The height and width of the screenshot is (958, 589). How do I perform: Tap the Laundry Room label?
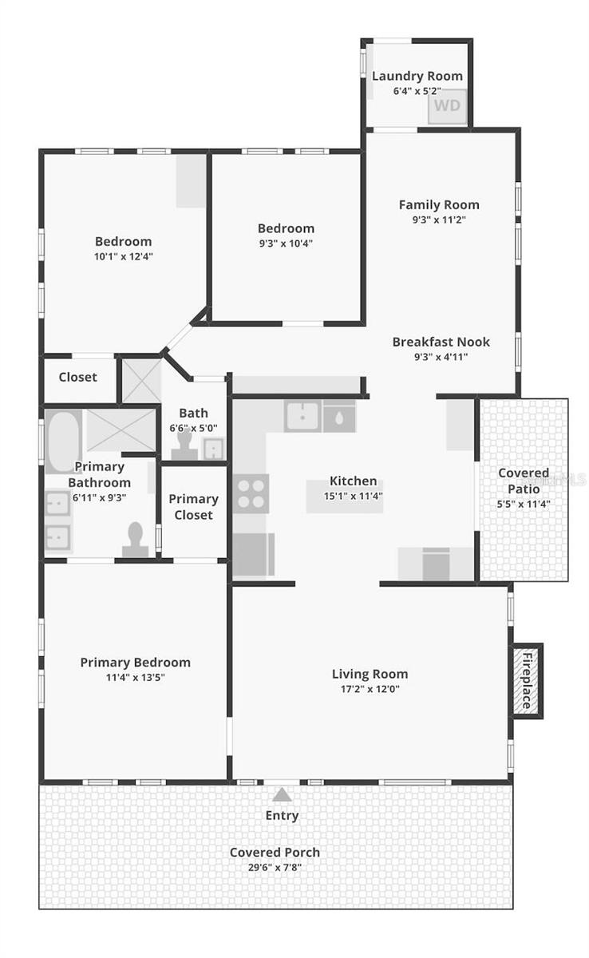tap(417, 77)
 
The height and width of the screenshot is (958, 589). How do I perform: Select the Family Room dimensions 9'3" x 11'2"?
tap(439, 219)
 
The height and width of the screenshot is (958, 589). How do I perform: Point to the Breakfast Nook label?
tap(441, 342)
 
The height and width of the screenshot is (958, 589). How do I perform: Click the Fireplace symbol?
tap(528, 681)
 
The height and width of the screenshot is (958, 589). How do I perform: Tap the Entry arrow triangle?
tap(282, 794)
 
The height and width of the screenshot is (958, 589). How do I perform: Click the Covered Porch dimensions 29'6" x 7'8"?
tap(275, 867)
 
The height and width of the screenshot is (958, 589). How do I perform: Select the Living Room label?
tap(370, 674)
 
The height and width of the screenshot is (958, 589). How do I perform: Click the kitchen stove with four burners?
tap(252, 493)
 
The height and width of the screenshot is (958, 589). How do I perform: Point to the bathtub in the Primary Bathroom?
tap(62, 441)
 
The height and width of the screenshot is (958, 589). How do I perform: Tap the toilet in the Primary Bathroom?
tap(135, 539)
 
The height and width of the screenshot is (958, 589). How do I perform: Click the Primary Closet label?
tap(193, 507)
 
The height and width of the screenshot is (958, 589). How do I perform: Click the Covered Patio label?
tap(524, 481)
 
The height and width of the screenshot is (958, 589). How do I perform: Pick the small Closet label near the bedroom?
tap(78, 377)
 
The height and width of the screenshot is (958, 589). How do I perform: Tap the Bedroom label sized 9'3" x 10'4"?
tap(286, 228)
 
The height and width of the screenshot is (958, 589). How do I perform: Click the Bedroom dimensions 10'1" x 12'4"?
tap(123, 256)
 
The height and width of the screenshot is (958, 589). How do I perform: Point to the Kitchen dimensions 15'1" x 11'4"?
tap(354, 495)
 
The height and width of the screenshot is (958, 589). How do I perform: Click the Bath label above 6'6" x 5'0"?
tap(193, 413)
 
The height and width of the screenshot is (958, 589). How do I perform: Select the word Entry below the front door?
tap(282, 815)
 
